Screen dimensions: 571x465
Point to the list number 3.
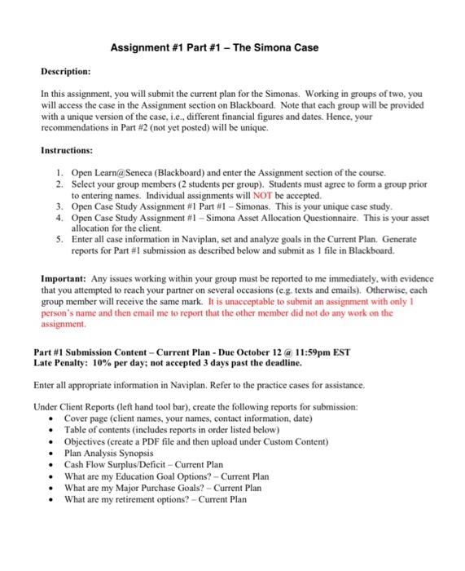tap(59, 207)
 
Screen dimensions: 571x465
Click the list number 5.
tap(59, 241)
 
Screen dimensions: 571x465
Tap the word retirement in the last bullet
tap(136, 499)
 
